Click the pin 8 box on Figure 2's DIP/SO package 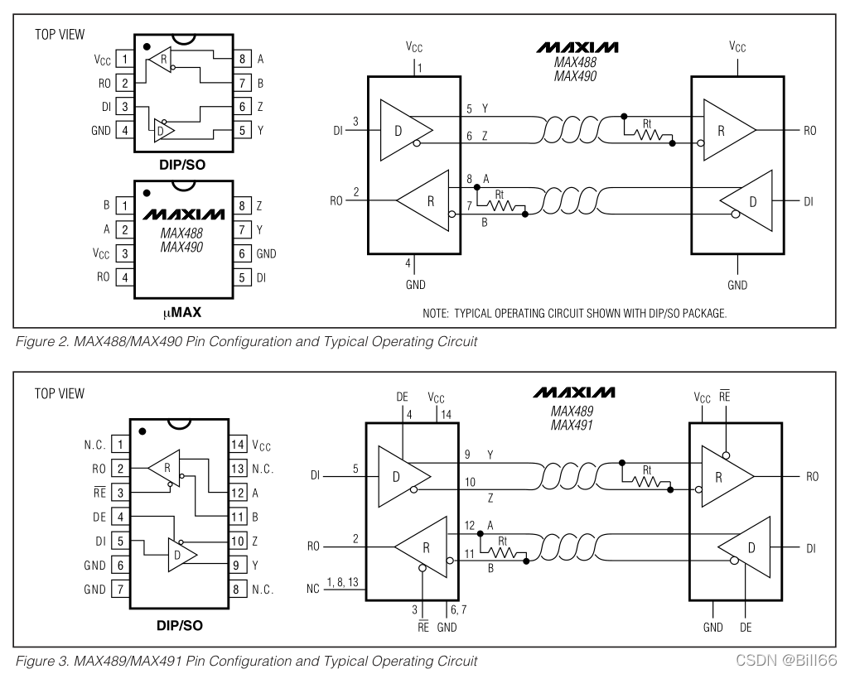242,59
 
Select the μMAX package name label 182,313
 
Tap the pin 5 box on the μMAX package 242,277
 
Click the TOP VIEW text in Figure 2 60,35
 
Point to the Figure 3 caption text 247,661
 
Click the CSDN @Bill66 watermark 786,660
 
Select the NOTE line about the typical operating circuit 575,313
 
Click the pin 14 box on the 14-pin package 238,445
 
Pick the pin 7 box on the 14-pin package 120,589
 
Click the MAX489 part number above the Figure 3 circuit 572,412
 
